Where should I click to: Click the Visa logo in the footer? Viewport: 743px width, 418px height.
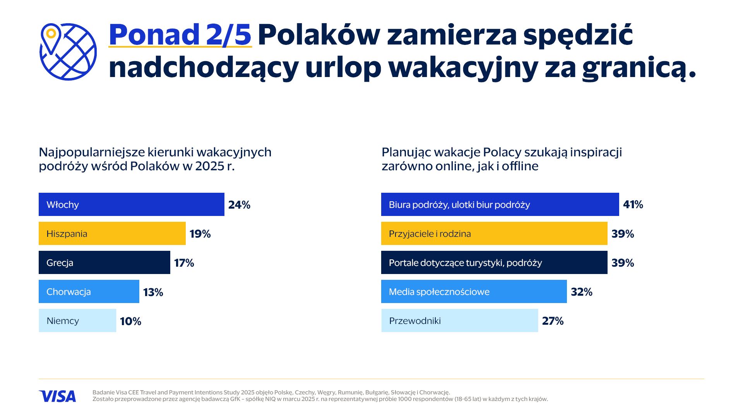coord(57,396)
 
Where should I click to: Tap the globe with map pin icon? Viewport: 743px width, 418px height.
coord(68,52)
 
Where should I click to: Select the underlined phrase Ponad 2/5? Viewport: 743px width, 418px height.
coord(180,35)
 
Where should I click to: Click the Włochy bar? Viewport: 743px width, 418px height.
coord(132,204)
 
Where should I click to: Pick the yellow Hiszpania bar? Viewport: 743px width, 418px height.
coord(112,233)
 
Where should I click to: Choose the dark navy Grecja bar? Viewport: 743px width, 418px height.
coord(104,262)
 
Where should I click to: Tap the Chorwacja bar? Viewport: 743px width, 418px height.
coord(89,291)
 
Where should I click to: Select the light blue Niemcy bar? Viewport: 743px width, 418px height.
coord(77,320)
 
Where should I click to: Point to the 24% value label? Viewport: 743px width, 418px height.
coord(239,205)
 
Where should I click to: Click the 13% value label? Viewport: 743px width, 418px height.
coord(153,292)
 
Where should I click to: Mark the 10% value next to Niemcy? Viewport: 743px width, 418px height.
coord(130,321)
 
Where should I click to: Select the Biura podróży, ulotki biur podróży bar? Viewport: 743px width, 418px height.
coord(500,204)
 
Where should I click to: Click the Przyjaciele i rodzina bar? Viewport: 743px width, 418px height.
coord(494,233)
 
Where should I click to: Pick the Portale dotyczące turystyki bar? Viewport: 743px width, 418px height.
coord(494,262)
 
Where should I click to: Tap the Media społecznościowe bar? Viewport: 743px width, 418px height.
coord(474,291)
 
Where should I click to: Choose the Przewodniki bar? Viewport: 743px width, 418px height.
coord(460,320)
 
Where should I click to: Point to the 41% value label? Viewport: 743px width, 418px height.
coord(633,204)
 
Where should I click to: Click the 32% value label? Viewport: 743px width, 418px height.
coord(582,292)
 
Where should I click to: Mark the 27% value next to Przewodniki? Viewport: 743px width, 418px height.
coord(553,321)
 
